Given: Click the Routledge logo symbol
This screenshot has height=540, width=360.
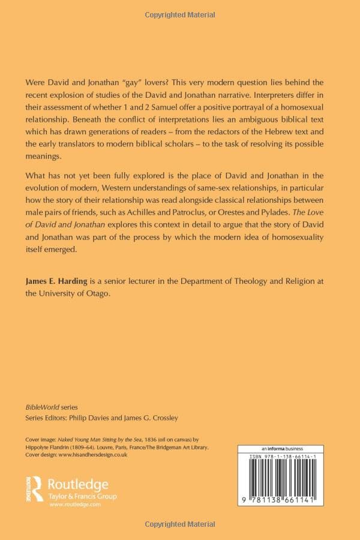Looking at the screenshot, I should click(x=34, y=484).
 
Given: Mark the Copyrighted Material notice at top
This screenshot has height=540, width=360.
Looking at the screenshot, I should click(x=180, y=14).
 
